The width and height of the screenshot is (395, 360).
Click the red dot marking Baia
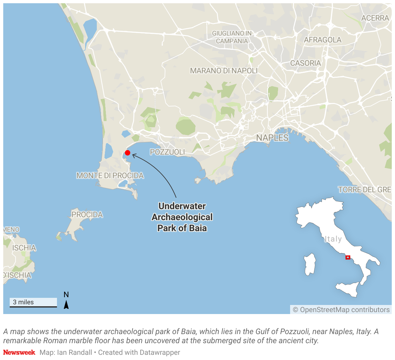click(x=128, y=153)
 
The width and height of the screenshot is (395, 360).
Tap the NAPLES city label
click(x=272, y=138)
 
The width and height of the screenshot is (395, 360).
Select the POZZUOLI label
click(x=167, y=152)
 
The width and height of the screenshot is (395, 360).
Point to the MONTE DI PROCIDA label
click(x=110, y=175)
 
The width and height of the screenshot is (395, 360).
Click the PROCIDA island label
click(x=87, y=215)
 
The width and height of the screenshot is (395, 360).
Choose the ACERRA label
click(x=375, y=18)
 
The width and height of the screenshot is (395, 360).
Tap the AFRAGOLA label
click(x=322, y=40)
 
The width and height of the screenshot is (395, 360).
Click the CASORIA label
click(x=306, y=63)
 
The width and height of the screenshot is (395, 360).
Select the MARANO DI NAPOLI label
click(x=224, y=71)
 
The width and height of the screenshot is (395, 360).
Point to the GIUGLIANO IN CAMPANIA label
click(x=232, y=37)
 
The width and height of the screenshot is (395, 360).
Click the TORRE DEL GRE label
click(x=365, y=190)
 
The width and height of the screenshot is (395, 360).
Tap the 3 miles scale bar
click(x=33, y=303)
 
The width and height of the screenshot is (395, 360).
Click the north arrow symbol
click(x=66, y=304)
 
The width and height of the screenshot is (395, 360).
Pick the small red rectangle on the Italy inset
click(x=348, y=257)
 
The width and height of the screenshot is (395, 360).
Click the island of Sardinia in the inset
click(x=310, y=264)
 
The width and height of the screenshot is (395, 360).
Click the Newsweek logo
click(x=19, y=352)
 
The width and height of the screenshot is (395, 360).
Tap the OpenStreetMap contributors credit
click(x=341, y=310)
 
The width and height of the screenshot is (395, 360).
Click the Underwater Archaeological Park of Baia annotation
click(x=182, y=217)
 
